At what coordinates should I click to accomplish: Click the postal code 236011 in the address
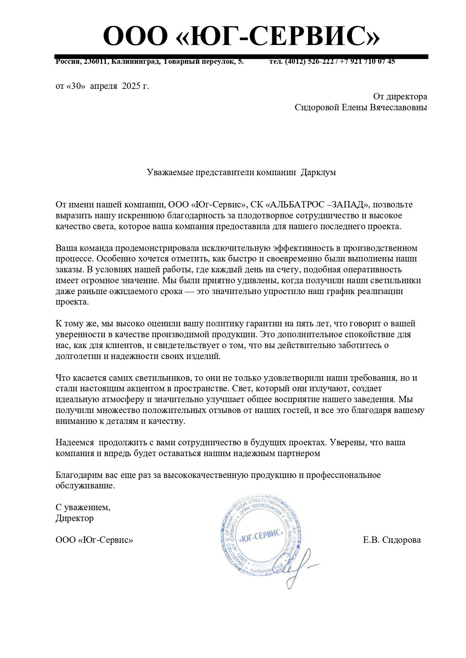96,62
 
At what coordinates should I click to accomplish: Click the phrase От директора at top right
400,96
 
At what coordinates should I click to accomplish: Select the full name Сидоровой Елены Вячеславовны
360,108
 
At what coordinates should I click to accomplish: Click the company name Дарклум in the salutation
318,173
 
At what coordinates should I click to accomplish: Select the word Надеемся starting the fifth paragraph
75,443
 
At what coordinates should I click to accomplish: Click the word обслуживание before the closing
84,486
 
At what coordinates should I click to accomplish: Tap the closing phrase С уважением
83,508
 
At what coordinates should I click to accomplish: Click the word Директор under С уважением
74,518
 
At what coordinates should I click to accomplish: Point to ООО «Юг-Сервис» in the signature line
94,540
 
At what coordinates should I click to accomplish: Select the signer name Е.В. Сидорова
392,540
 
